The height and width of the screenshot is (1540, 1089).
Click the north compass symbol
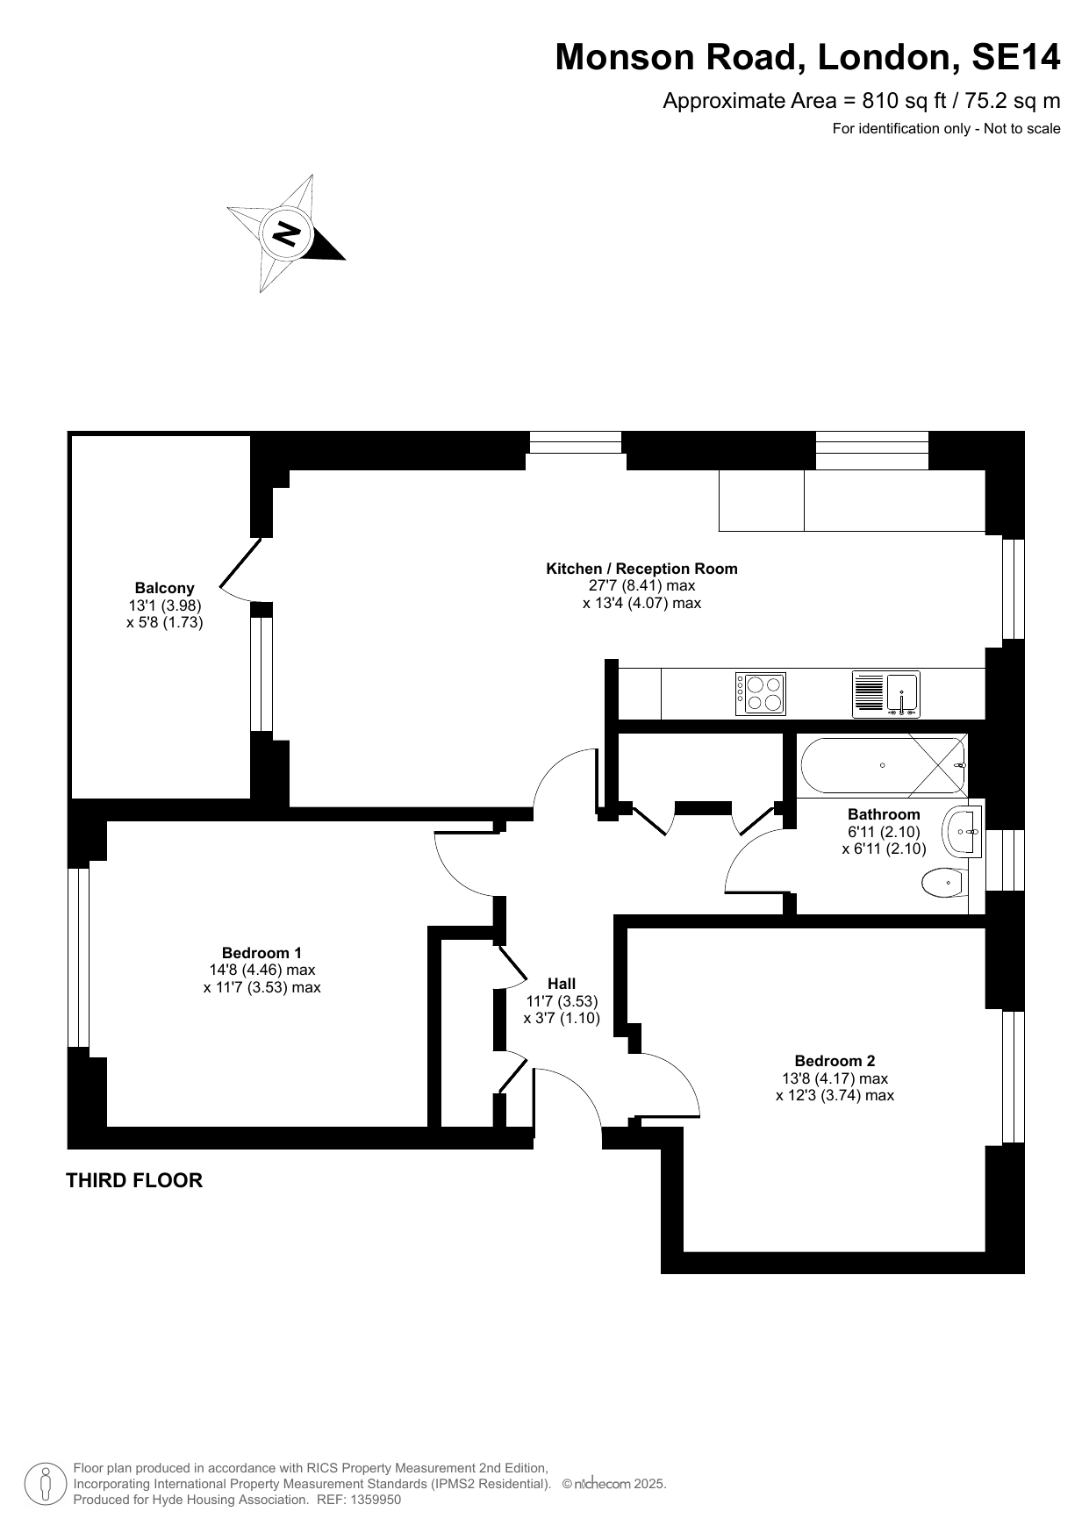[286, 233]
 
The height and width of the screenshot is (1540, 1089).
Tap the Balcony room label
[164, 588]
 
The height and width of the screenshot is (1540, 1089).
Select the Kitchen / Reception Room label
[641, 569]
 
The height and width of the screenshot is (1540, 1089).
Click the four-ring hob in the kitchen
[761, 694]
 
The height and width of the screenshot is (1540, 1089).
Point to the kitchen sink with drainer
[885, 694]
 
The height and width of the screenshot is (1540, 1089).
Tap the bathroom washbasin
[963, 831]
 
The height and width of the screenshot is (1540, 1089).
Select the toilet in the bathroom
[943, 883]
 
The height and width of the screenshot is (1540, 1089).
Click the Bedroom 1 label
[262, 953]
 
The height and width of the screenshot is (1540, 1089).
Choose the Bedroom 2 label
[835, 1061]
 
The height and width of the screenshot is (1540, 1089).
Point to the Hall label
[562, 984]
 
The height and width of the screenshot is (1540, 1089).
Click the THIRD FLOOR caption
[134, 1180]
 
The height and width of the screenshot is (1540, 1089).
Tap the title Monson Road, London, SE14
[807, 57]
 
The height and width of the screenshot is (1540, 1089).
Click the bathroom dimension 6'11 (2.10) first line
[884, 832]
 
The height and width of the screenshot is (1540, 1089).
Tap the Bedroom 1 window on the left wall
[79, 957]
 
